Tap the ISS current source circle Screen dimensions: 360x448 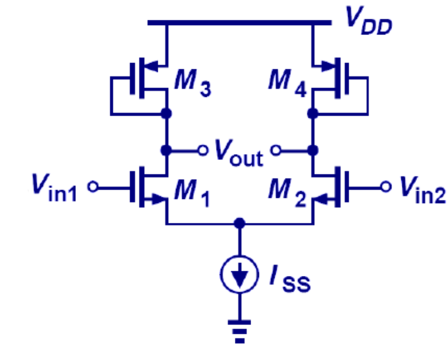[239, 275]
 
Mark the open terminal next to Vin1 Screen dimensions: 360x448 [92, 187]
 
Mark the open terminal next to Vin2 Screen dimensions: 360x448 [385, 187]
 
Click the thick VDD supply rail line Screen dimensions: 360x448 [239, 23]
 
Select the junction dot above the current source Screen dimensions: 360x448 [239, 223]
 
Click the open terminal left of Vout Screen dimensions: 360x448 [203, 151]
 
